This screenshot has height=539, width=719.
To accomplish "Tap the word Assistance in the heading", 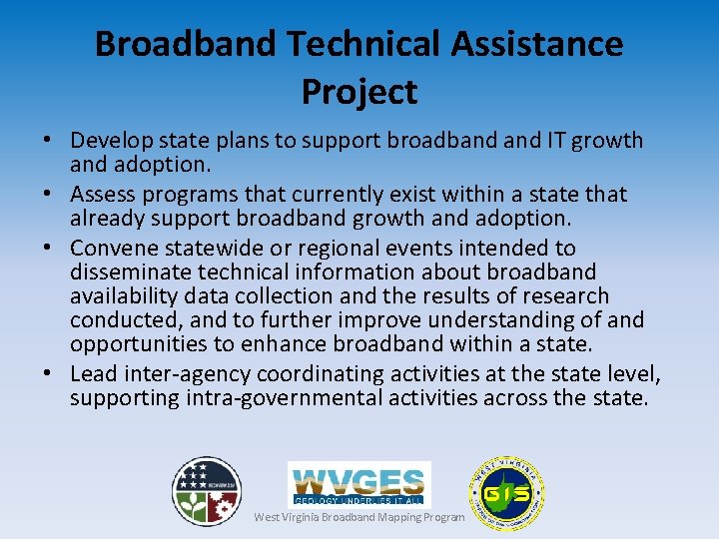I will [x=528, y=44].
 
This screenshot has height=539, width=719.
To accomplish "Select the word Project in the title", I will [x=359, y=92].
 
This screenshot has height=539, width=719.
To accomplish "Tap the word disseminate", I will [x=135, y=271].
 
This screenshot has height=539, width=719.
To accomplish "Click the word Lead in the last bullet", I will [x=93, y=374].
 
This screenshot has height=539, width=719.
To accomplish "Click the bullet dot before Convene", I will [x=49, y=248].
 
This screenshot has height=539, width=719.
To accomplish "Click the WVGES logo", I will [x=359, y=483].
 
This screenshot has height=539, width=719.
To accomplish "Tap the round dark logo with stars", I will [x=206, y=491].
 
